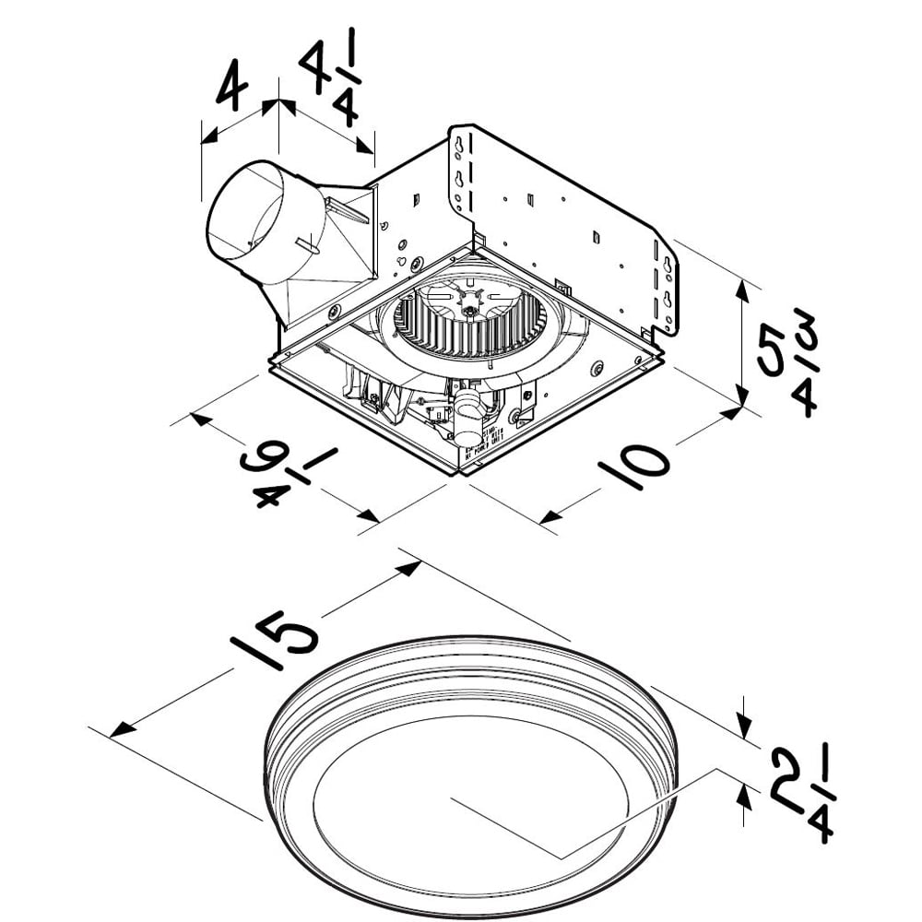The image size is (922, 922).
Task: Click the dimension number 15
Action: [x=276, y=641]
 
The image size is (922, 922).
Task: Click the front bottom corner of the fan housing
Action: [x=457, y=472]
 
